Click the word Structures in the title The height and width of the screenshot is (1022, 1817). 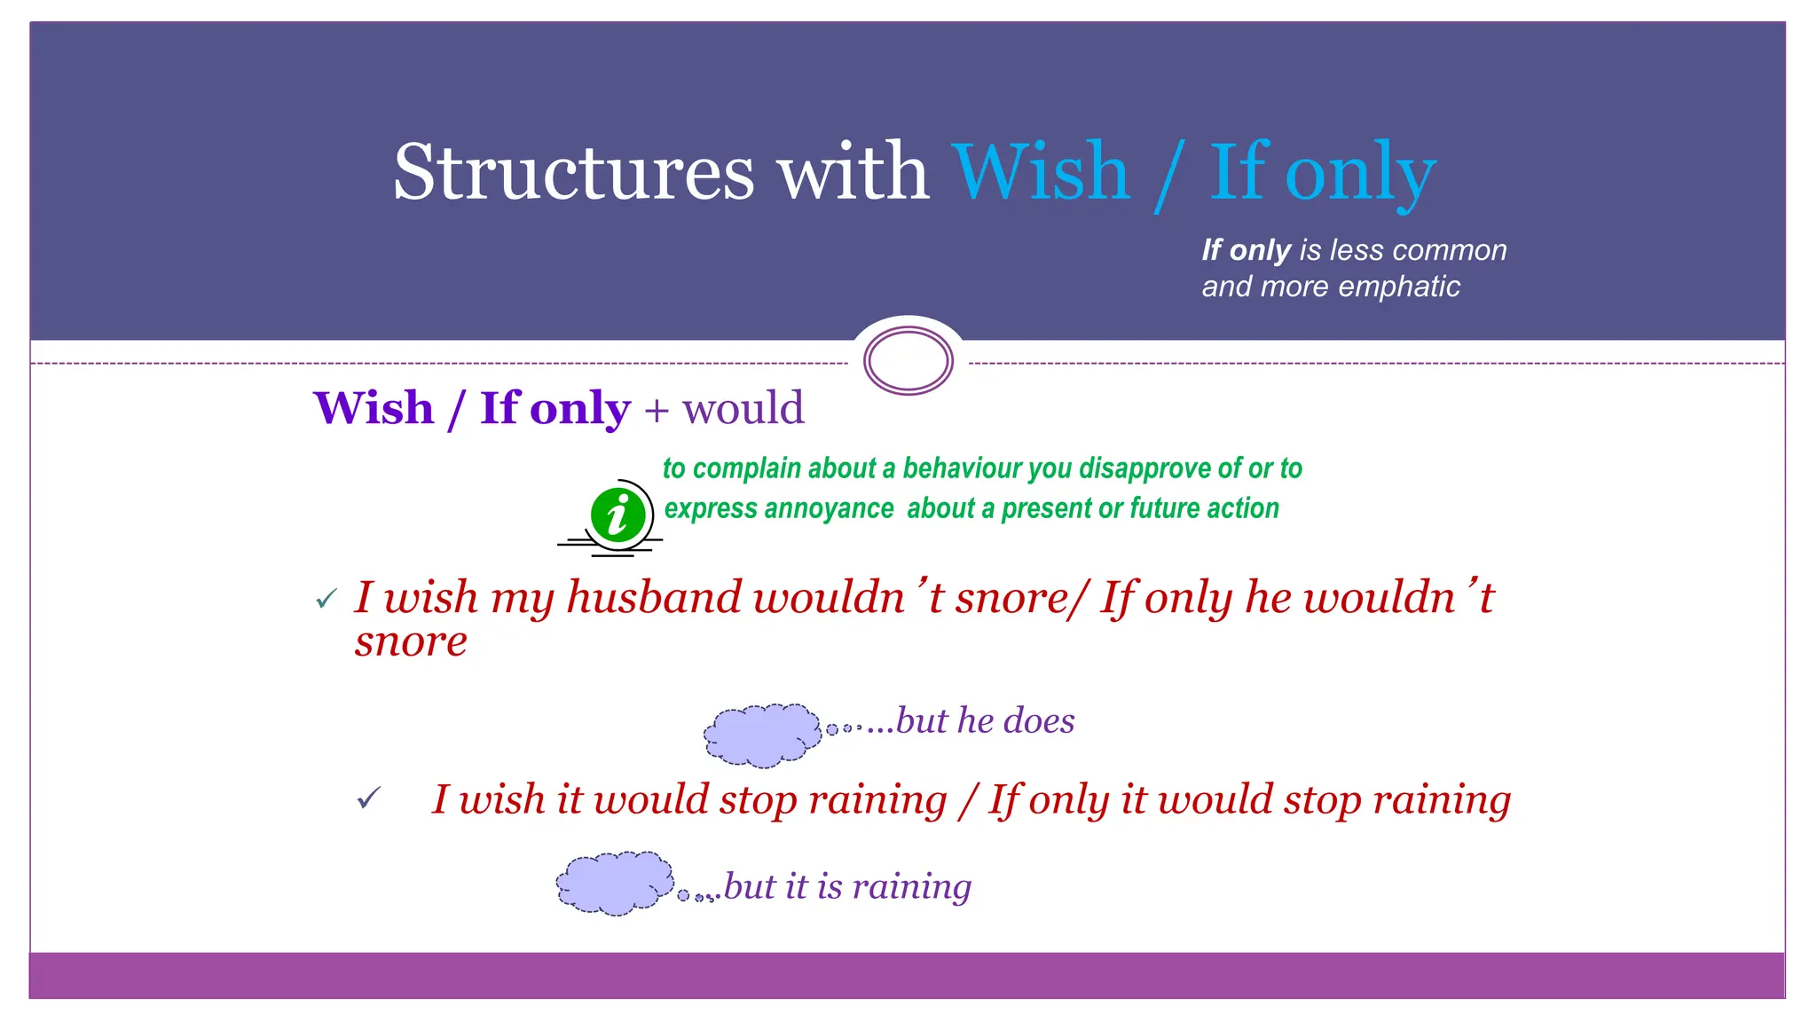pyautogui.click(x=573, y=172)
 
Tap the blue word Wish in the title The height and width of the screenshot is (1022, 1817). pyautogui.click(x=1041, y=172)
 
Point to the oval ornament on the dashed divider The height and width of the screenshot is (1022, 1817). pyautogui.click(x=908, y=361)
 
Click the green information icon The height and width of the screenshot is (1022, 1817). pyautogui.click(x=617, y=515)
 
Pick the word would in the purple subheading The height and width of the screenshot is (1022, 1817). pyautogui.click(x=743, y=409)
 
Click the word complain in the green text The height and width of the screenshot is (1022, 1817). pyautogui.click(x=746, y=468)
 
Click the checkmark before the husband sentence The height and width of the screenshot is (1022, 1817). pyautogui.click(x=326, y=600)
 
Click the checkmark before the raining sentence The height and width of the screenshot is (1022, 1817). pyautogui.click(x=368, y=798)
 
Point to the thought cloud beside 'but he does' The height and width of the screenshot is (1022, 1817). pyautogui.click(x=762, y=735)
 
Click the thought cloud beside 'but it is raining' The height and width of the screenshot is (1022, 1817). pyautogui.click(x=614, y=884)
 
